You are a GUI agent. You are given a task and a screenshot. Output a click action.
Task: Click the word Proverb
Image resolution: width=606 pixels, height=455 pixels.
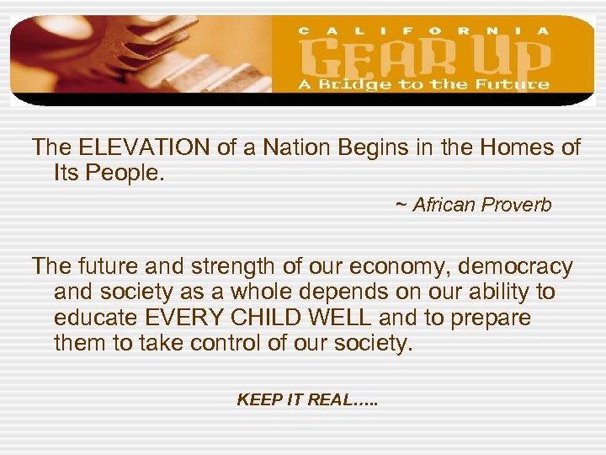click(x=518, y=206)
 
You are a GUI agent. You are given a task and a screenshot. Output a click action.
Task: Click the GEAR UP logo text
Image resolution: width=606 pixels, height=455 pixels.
click(x=426, y=56)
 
